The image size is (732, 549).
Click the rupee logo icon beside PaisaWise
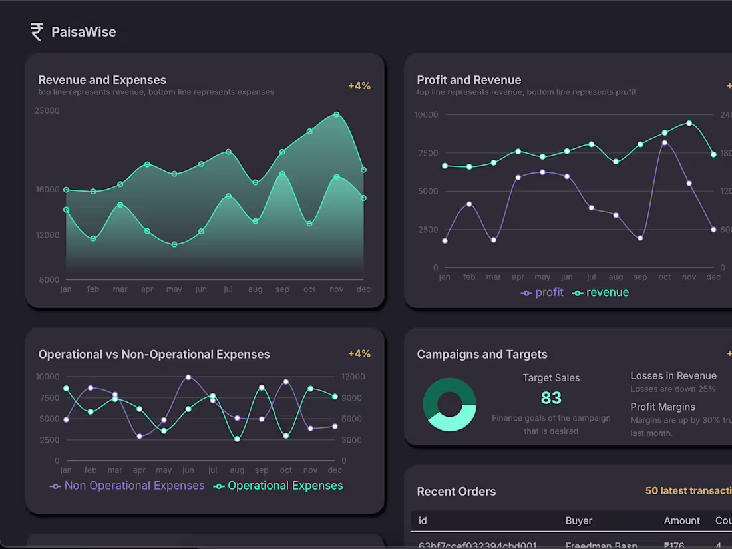pyautogui.click(x=37, y=31)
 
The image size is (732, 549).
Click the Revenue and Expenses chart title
pyautogui.click(x=102, y=80)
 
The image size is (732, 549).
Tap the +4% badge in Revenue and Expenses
pyautogui.click(x=359, y=86)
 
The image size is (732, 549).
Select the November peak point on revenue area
pyautogui.click(x=337, y=114)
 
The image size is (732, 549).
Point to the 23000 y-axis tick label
pyautogui.click(x=47, y=110)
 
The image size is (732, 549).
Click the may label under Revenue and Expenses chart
pyautogui.click(x=174, y=289)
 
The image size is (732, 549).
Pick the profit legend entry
pyautogui.click(x=542, y=293)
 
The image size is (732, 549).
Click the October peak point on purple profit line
pyautogui.click(x=664, y=142)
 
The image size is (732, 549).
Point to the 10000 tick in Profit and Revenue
pyautogui.click(x=426, y=114)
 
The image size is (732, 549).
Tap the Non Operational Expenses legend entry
pyautogui.click(x=127, y=486)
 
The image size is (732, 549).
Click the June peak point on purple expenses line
pyautogui.click(x=188, y=377)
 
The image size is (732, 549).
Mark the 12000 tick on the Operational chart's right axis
pyautogui.click(x=353, y=377)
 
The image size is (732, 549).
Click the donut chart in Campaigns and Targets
pyautogui.click(x=450, y=405)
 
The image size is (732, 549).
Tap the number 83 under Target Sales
pyautogui.click(x=551, y=398)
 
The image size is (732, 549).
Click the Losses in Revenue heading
pyautogui.click(x=673, y=376)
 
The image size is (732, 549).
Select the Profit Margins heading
pyautogui.click(x=663, y=407)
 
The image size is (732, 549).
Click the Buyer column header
pyautogui.click(x=578, y=520)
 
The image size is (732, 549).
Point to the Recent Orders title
pyautogui.click(x=457, y=492)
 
